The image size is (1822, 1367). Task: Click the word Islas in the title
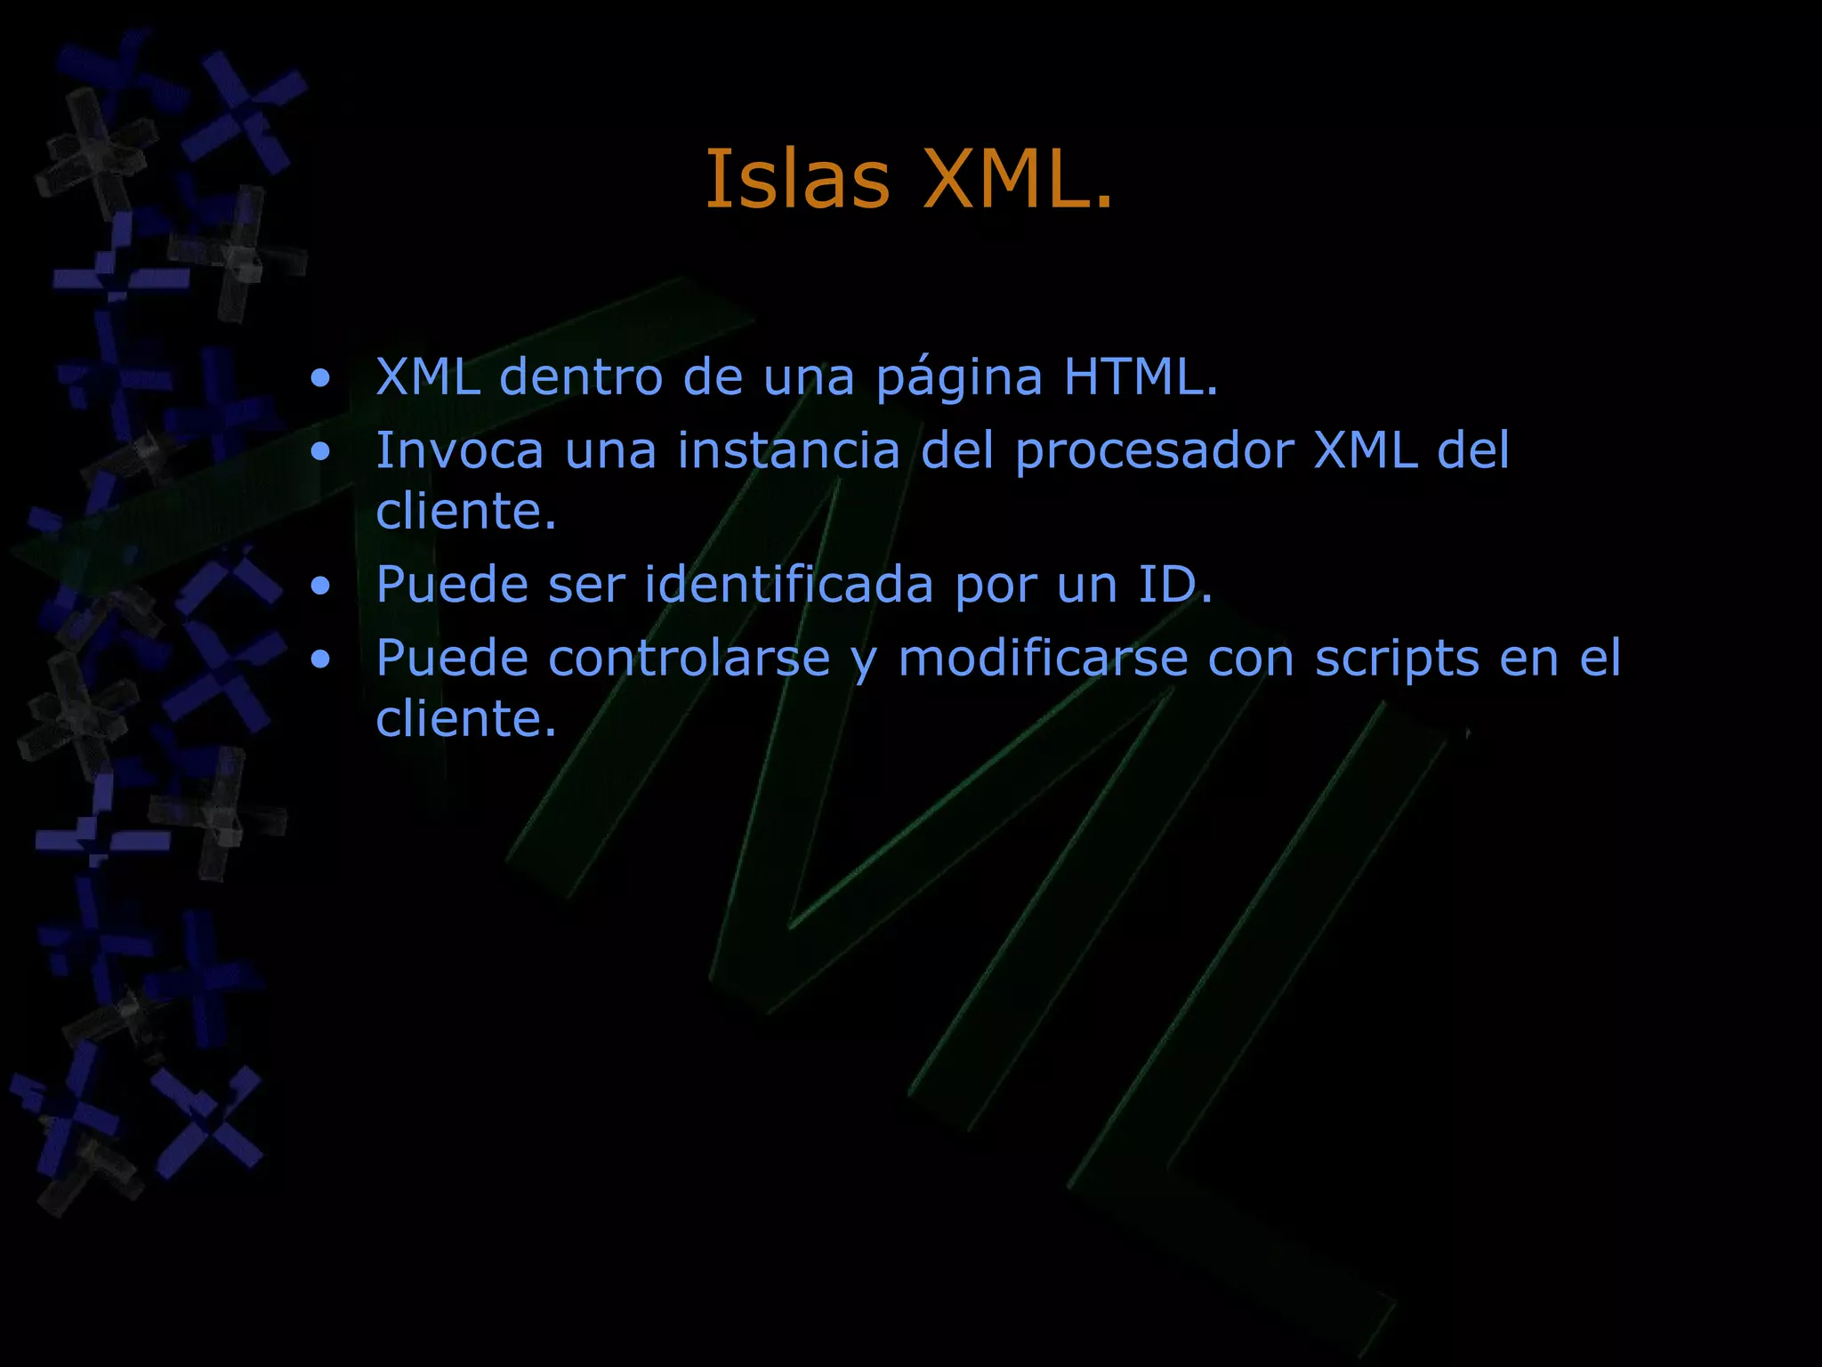(797, 180)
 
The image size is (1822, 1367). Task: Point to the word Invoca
(459, 450)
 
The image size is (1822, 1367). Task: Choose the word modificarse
(1044, 659)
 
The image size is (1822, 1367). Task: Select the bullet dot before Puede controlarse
(321, 659)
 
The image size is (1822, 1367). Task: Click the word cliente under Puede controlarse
(465, 719)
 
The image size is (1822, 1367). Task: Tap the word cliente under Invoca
(465, 512)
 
